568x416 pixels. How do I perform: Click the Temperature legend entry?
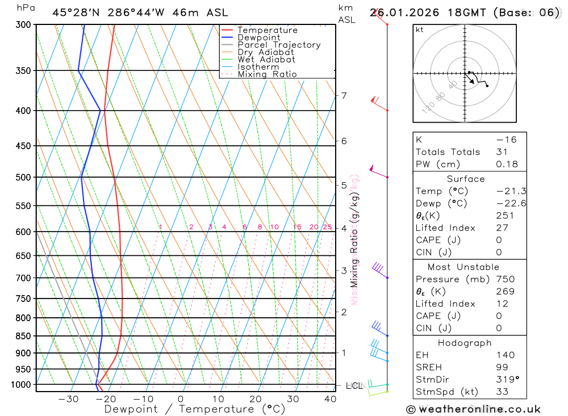pos(267,31)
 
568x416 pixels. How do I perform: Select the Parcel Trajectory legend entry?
pos(279,45)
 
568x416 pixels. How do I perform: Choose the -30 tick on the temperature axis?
pos(68,399)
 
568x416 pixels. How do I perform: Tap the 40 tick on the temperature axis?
pos(330,399)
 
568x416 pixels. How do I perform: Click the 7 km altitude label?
pos(344,95)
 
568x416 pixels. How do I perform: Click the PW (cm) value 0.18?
pos(507,165)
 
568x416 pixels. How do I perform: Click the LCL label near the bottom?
pos(354,386)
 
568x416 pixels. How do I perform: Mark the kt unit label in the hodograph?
pos(420,30)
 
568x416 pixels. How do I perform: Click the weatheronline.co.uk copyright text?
pos(473,409)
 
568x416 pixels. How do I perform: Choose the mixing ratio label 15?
pos(297,227)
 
